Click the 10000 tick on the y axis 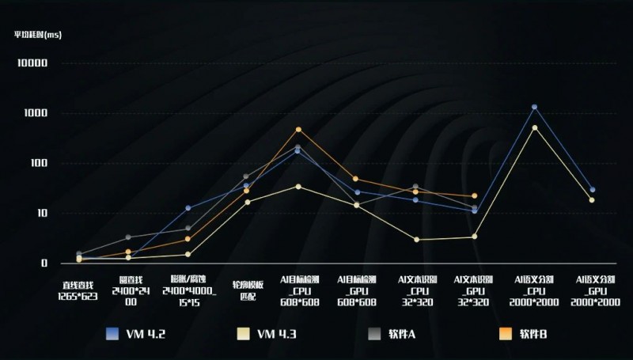click(x=32, y=63)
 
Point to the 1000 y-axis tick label click(x=36, y=113)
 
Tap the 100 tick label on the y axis click(x=38, y=163)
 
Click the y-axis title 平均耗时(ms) click(x=37, y=34)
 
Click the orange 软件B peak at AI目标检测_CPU click(x=298, y=129)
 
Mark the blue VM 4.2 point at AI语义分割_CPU click(x=534, y=107)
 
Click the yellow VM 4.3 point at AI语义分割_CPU click(x=534, y=127)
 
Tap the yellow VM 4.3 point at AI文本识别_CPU click(x=416, y=240)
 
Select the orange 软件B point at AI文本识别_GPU click(x=474, y=195)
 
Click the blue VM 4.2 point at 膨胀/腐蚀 click(x=188, y=208)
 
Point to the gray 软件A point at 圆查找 click(x=128, y=237)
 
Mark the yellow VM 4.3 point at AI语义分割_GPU click(x=592, y=200)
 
